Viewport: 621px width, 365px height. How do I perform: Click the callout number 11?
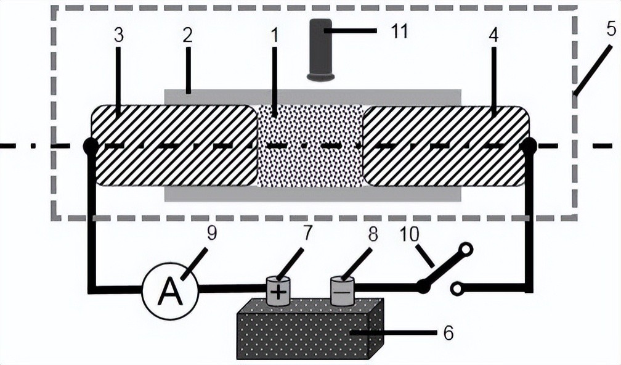(399, 31)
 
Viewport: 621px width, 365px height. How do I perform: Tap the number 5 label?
(612, 30)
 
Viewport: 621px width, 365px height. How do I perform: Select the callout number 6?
(448, 334)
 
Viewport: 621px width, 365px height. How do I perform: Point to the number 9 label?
(212, 233)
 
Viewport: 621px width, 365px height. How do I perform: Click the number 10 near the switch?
(409, 235)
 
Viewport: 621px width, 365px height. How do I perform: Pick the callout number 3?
(118, 35)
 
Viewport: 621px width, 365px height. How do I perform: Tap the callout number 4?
(493, 35)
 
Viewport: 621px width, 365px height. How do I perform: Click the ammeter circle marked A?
(170, 292)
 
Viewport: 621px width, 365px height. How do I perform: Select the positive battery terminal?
(278, 291)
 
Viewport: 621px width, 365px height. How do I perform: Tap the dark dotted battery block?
(310, 329)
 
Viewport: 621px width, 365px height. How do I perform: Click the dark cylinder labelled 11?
(320, 50)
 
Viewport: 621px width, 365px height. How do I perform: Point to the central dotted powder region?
(310, 146)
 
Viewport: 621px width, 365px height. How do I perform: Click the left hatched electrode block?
(174, 146)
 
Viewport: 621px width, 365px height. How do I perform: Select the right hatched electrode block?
(446, 146)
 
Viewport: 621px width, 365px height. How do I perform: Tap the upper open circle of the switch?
(465, 249)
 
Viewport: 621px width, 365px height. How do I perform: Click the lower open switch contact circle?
(457, 289)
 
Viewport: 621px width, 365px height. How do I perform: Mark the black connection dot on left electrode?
(91, 146)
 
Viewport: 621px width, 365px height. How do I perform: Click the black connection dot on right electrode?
(529, 146)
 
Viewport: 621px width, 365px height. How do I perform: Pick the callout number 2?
(187, 35)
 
